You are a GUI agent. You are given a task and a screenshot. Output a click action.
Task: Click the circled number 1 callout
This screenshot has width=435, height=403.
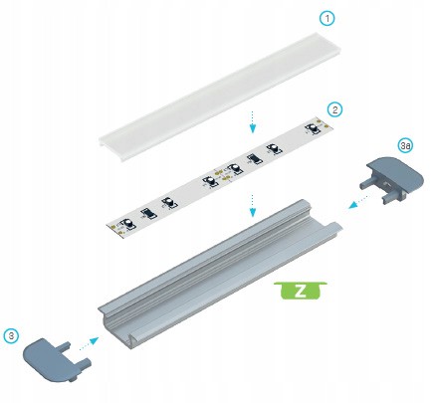[x=327, y=19]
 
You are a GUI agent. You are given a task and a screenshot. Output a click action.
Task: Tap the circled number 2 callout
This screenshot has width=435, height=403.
[x=334, y=109]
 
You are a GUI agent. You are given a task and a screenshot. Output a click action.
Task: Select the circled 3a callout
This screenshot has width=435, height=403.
[x=405, y=145]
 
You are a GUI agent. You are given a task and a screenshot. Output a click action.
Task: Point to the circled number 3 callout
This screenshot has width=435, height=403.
[x=11, y=335]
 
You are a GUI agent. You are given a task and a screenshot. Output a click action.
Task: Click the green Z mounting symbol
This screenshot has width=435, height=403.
[x=301, y=291]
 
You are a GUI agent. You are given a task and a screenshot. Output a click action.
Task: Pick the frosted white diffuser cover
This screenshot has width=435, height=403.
[x=221, y=97]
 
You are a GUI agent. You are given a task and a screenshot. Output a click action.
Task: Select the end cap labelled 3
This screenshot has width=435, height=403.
[x=57, y=360]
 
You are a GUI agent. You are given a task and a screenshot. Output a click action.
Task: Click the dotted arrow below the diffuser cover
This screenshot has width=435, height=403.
[x=253, y=122]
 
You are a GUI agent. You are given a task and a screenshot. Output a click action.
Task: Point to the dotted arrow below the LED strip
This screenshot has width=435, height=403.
[x=253, y=206]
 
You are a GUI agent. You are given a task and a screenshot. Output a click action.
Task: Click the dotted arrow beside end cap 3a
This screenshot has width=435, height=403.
[x=358, y=202]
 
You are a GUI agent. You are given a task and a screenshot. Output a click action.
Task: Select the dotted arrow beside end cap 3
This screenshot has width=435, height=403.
[x=89, y=343]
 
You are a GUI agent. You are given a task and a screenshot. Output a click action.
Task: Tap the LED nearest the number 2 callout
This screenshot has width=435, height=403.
[x=312, y=128]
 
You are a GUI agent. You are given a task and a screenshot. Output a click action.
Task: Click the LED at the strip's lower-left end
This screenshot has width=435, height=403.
[x=128, y=224]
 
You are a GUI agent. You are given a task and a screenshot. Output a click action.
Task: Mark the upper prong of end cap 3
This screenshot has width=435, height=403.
[x=66, y=346]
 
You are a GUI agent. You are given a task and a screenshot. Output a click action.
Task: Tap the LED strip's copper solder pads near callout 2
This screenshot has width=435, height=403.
[x=323, y=123]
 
